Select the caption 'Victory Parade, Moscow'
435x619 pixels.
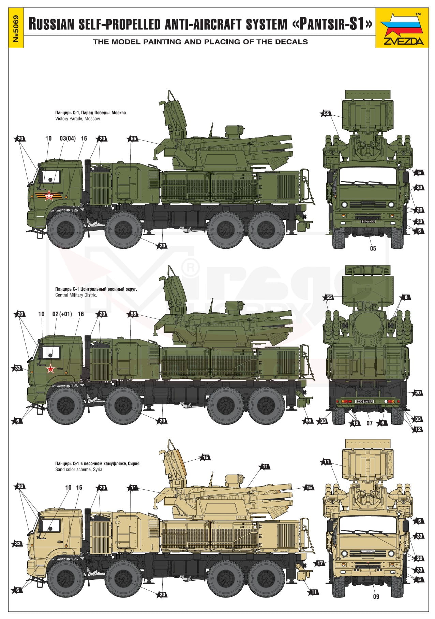[x=78, y=119]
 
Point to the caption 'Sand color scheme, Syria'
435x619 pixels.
[x=79, y=470]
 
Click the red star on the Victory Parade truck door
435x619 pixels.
[x=49, y=196]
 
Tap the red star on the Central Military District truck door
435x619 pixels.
[x=51, y=369]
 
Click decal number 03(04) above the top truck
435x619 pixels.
[x=67, y=138]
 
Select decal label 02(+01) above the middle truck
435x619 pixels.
[x=62, y=314]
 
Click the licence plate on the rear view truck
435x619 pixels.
[x=364, y=401]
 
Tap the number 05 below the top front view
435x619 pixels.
[x=373, y=248]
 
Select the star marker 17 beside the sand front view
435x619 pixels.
[x=320, y=563]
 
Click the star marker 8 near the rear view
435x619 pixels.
[x=406, y=297]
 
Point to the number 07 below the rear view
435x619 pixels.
[x=370, y=423]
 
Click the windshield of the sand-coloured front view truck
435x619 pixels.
[x=366, y=527]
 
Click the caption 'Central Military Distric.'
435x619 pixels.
[x=76, y=295]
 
